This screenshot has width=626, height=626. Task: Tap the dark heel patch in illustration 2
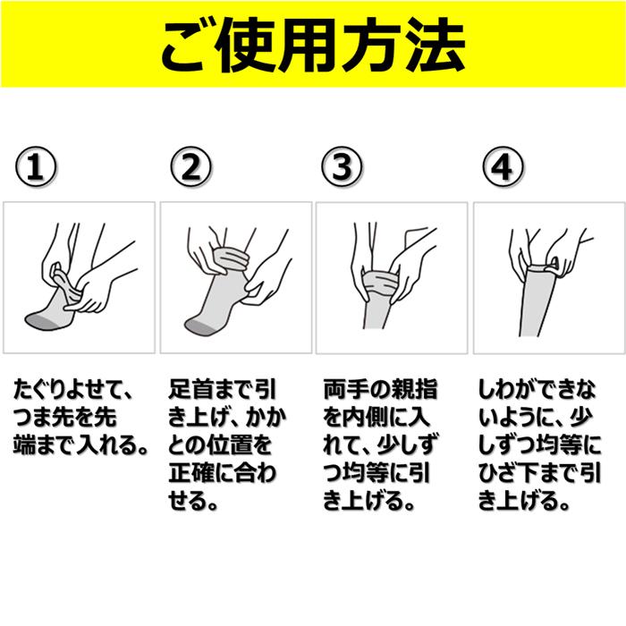[198, 325]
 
